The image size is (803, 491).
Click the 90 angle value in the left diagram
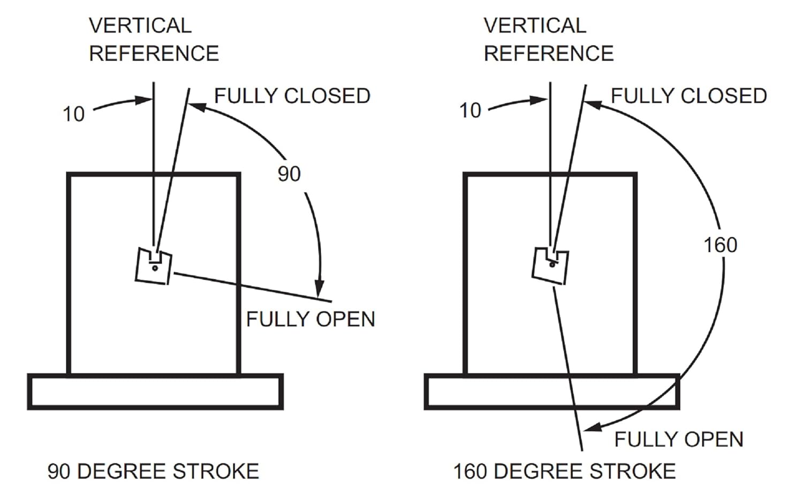point(289,175)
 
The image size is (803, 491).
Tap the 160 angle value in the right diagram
point(721,245)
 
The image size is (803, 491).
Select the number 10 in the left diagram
point(73,114)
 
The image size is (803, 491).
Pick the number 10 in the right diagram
point(470,110)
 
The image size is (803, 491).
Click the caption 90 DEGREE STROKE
point(154,471)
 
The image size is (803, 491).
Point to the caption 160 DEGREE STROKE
point(565,471)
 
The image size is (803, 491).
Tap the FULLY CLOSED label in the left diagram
point(292,96)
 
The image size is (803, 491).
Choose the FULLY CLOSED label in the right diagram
point(688,96)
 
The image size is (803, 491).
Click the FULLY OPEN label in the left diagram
point(310,319)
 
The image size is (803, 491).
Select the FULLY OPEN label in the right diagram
point(679,440)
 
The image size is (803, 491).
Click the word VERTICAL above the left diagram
point(140,26)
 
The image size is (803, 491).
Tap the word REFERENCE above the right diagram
point(549,54)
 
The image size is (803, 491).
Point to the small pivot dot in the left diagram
point(155,268)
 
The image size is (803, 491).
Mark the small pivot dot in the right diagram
point(552,265)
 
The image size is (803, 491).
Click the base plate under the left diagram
point(155,391)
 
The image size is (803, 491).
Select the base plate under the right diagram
point(552,391)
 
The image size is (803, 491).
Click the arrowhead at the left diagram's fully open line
point(319,289)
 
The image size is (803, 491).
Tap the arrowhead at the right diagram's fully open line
point(592,427)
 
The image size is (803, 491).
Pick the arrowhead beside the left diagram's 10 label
point(143,100)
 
